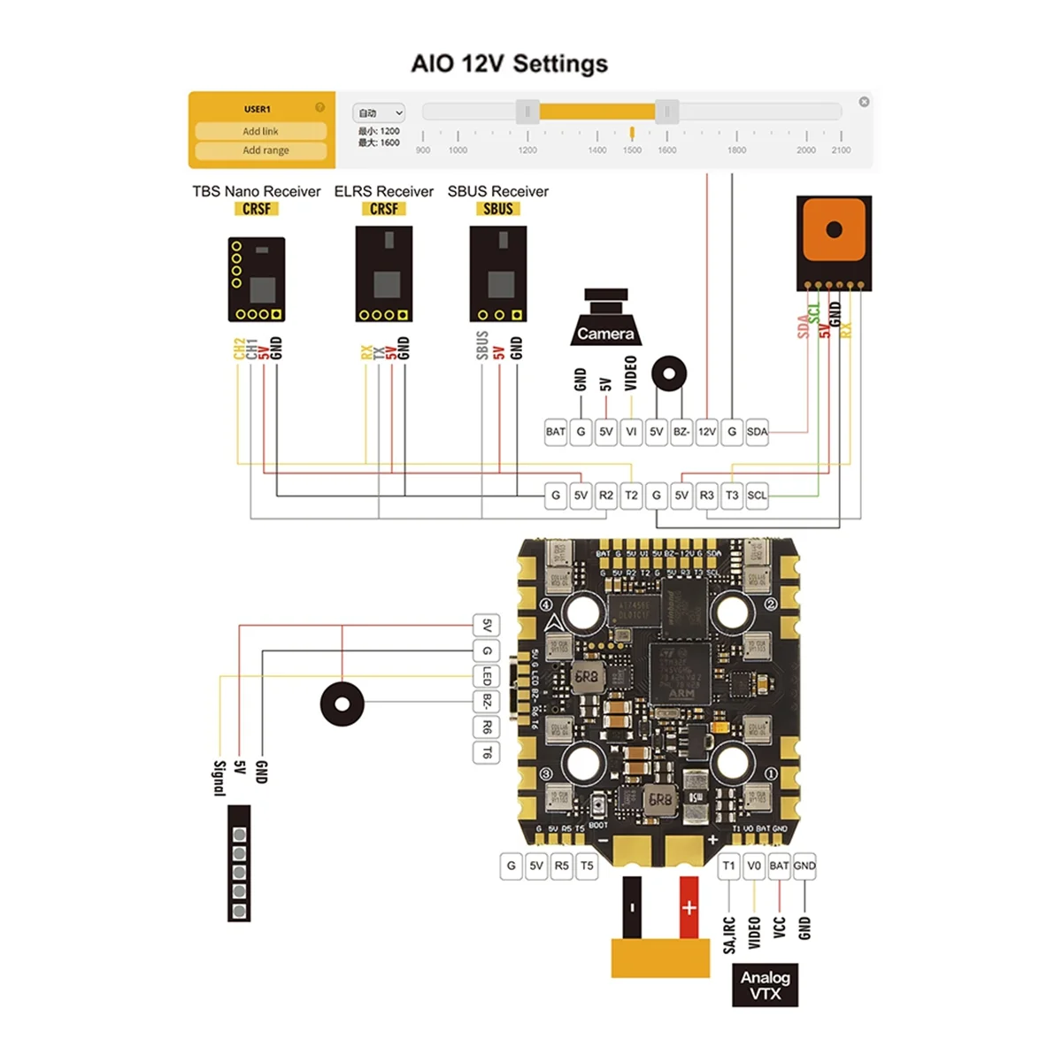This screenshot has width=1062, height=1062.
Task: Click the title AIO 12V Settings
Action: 510,64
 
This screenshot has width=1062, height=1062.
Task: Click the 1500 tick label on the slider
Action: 632,150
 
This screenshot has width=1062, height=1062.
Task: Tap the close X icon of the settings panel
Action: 864,102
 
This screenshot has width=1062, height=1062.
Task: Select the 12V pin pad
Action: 706,432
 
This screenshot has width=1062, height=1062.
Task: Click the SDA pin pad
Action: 757,432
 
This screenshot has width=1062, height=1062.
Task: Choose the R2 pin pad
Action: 605,496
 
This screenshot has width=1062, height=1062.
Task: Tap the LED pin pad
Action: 487,677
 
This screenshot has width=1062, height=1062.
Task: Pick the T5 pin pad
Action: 587,866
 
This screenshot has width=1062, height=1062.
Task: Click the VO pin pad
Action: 753,866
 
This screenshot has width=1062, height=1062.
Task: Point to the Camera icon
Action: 606,319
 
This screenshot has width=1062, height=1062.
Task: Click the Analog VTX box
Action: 766,985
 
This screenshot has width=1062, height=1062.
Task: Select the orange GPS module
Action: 834,242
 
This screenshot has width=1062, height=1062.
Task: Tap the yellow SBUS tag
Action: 498,209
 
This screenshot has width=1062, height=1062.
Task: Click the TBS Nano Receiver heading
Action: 257,191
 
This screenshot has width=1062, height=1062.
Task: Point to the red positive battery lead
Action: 689,908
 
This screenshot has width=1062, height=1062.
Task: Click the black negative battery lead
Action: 632,908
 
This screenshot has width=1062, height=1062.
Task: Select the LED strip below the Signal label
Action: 239,864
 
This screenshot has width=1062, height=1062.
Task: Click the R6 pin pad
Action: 487,727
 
